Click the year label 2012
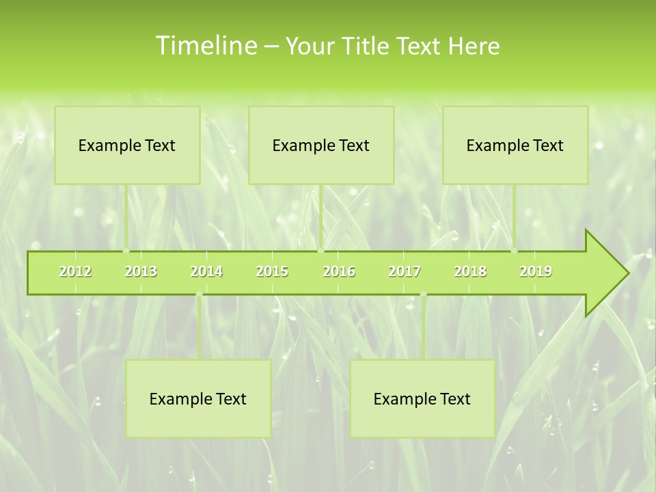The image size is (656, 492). tap(75, 271)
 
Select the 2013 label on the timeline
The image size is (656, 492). tap(141, 271)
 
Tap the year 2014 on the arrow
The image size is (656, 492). tap(206, 271)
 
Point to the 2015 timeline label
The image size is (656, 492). tap(272, 271)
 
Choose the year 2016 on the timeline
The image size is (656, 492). tap(339, 271)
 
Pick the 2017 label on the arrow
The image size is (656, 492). tap(405, 271)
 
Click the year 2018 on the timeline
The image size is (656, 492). tap(470, 271)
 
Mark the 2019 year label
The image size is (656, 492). tap(536, 271)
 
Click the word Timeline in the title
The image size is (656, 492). tap(205, 46)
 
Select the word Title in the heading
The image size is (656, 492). tap(367, 46)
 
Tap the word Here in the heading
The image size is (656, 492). tap(474, 46)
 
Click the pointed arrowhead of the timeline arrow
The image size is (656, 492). tap(612, 273)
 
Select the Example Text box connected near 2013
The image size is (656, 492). tap(127, 145)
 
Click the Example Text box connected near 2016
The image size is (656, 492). tap(321, 145)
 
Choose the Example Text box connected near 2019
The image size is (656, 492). tap(515, 145)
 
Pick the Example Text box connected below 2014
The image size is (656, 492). tap(198, 398)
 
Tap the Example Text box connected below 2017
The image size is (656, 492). tap(422, 398)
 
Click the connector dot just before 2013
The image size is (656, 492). tap(126, 250)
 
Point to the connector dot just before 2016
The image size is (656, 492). tap(320, 250)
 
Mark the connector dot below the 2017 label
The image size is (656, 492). tap(423, 295)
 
